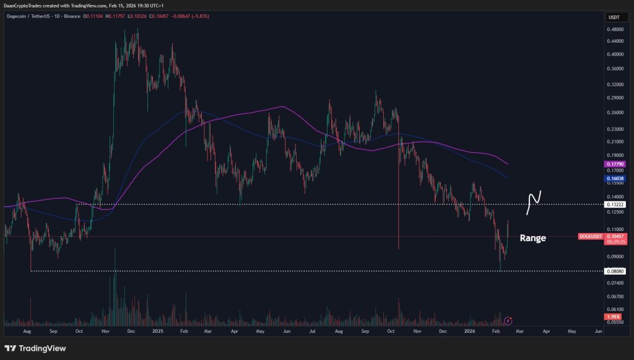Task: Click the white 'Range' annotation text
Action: [x=532, y=238]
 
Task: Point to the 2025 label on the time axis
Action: [x=157, y=331]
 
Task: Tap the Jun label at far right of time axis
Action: [x=597, y=331]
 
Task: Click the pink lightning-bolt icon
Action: [x=508, y=320]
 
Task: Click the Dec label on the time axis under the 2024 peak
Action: [x=131, y=331]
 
